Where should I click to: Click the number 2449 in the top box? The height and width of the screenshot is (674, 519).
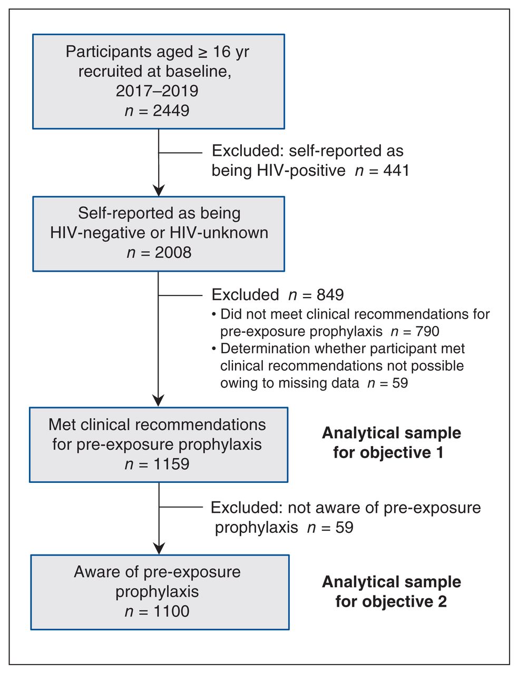171,111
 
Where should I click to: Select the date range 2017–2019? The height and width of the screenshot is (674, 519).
157,91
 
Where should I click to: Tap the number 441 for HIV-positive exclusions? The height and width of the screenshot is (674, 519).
396,170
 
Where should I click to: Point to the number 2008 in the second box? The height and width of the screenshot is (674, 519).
173,252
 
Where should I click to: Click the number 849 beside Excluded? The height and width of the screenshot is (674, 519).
330,294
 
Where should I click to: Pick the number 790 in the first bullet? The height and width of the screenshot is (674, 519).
427,331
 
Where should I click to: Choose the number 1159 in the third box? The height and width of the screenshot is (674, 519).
171,464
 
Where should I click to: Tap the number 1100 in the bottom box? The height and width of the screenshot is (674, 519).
171,611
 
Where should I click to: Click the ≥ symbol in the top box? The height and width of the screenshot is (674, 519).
203,52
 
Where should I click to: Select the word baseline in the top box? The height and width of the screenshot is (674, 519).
198,71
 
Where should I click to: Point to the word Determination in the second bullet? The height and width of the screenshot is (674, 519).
265,349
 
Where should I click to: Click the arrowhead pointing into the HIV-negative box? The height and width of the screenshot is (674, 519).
159,190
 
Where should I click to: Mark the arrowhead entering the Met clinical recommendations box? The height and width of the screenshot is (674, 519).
159,400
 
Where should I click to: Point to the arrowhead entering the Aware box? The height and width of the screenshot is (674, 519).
159,548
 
